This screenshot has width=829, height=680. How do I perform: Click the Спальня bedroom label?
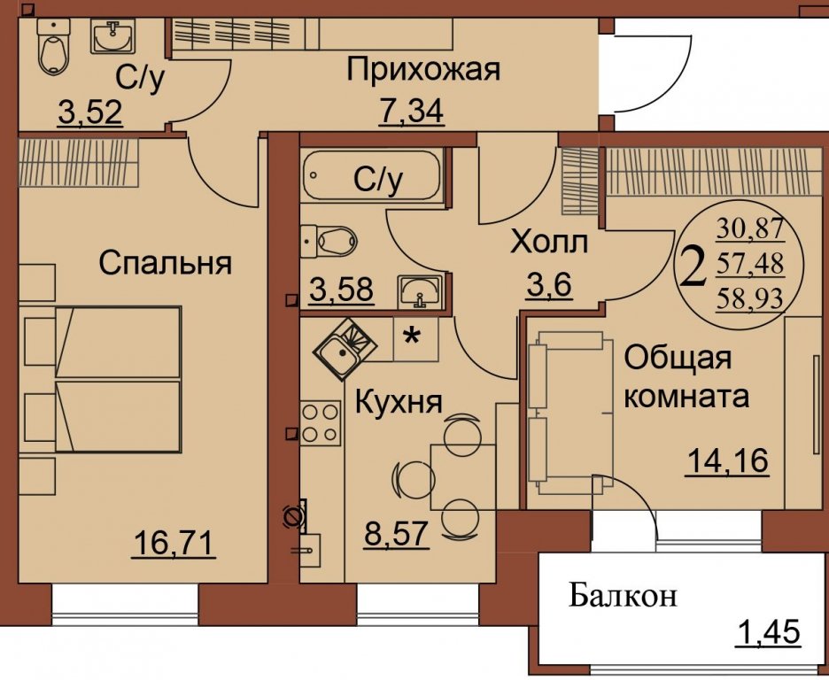coord(165,263)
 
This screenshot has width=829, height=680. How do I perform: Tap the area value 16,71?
coord(174,543)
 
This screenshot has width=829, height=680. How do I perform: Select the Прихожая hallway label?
coord(423,70)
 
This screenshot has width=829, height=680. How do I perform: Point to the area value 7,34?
coord(411,111)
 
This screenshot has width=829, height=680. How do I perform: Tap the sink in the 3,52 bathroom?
coord(112,36)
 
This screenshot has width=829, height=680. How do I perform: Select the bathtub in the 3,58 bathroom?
coord(372,176)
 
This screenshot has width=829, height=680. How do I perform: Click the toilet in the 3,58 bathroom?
coord(329,242)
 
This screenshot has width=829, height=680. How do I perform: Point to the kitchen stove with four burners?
coord(321,422)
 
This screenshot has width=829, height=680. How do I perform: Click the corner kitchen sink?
coord(345,349)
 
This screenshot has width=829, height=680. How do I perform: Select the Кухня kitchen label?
coord(398,402)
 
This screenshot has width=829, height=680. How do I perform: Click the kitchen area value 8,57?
coord(397,534)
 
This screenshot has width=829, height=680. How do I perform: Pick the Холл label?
coord(549,243)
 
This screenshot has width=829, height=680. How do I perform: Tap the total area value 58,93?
coord(749,299)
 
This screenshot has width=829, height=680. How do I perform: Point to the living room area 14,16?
coord(726,460)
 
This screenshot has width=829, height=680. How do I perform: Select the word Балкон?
coord(623,597)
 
